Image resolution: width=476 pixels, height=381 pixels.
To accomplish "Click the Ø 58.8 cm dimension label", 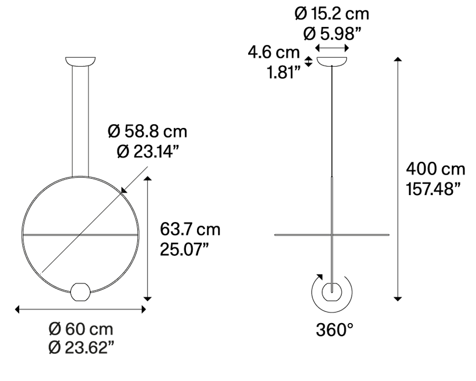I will (x=147, y=131).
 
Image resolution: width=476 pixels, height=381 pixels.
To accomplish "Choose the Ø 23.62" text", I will (x=81, y=347).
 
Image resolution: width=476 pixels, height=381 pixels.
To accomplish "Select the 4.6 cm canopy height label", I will (x=274, y=52).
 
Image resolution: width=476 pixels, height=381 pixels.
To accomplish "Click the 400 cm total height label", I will (x=436, y=169).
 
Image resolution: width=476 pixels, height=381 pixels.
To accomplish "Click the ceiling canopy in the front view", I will (x=80, y=62).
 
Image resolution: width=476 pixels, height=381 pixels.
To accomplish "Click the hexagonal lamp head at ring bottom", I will (x=80, y=292).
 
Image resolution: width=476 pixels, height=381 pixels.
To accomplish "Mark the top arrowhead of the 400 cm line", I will (x=397, y=59).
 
